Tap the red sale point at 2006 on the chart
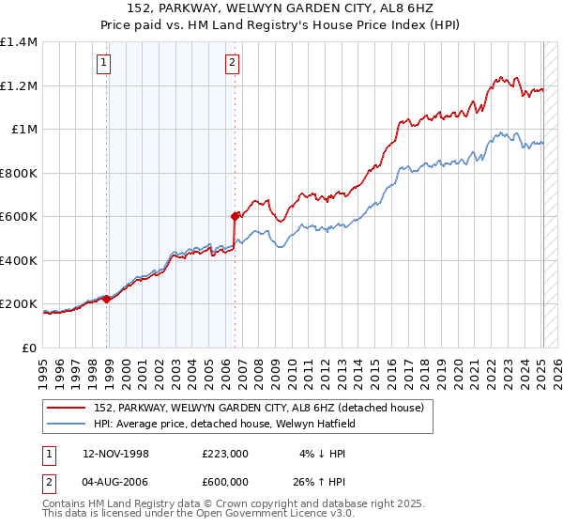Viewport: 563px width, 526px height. [x=234, y=215]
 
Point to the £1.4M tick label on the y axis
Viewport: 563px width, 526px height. [x=19, y=42]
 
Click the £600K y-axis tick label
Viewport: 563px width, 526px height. [x=18, y=217]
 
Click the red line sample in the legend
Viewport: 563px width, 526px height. [x=67, y=408]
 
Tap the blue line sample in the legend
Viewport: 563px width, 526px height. [x=67, y=425]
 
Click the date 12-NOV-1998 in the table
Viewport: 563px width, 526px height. [x=116, y=454]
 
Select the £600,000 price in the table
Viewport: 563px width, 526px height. [x=225, y=482]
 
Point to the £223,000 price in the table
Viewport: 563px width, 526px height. [x=225, y=454]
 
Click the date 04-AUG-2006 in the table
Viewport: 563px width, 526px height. [x=116, y=482]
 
